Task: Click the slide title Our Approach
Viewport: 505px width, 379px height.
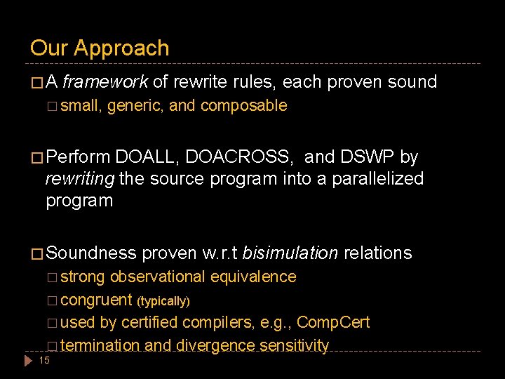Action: pyautogui.click(x=100, y=48)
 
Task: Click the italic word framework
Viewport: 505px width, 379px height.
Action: pyautogui.click(x=105, y=82)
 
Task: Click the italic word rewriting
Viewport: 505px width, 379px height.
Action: pyautogui.click(x=80, y=178)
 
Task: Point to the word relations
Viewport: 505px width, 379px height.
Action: pyautogui.click(x=377, y=253)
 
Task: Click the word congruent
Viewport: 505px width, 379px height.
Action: pyautogui.click(x=97, y=300)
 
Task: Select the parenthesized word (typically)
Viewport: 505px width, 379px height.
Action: pyautogui.click(x=163, y=301)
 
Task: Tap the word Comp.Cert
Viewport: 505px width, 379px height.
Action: pyautogui.click(x=333, y=323)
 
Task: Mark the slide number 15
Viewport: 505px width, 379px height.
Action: pyautogui.click(x=43, y=361)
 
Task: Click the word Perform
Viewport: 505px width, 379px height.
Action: pyautogui.click(x=78, y=157)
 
